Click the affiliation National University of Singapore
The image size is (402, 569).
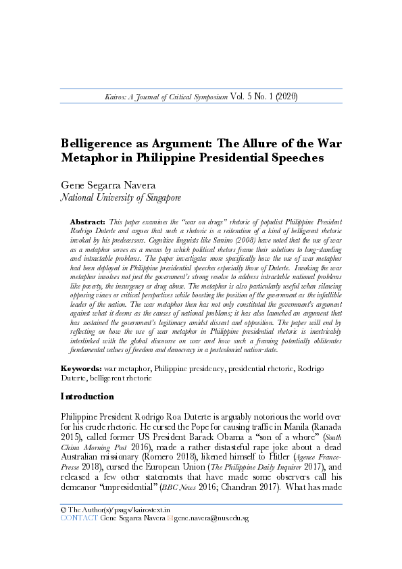click(121, 198)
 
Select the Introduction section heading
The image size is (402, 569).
click(87, 396)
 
